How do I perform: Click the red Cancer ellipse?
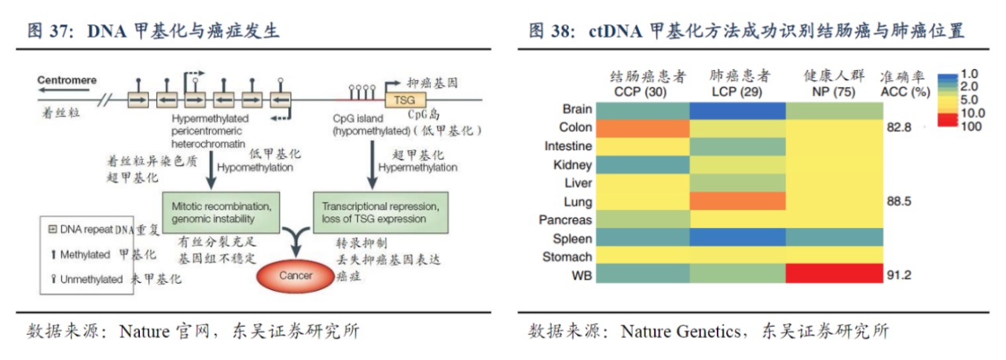296,276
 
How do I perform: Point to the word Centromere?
67,80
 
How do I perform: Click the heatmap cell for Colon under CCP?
642,127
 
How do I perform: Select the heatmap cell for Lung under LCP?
738,201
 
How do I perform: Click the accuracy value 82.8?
898,127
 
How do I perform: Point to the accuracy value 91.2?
898,275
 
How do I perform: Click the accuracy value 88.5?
898,201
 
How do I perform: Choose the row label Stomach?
567,257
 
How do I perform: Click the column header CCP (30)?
642,91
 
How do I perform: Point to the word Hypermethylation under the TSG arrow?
417,167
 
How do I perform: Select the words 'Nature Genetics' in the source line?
681,331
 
